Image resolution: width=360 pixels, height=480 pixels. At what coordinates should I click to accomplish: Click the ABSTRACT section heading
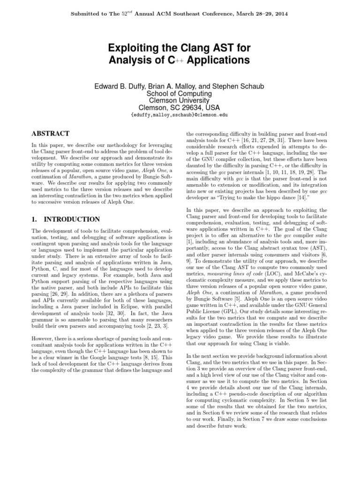(x=50, y=134)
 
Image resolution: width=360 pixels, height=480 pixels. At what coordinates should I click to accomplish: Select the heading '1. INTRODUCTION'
(x=66, y=219)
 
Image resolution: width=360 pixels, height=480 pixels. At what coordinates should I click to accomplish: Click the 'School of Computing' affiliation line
(x=180, y=93)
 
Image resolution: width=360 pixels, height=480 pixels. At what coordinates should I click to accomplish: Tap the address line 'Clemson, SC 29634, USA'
(x=180, y=107)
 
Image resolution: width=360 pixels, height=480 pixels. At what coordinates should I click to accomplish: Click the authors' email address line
(x=180, y=115)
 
